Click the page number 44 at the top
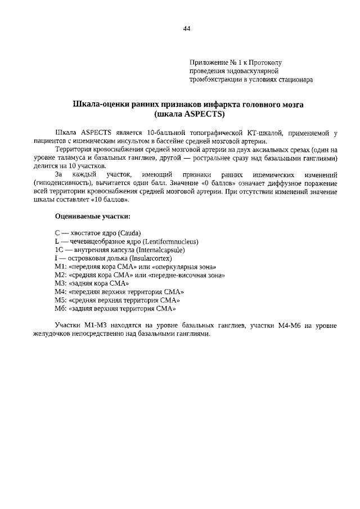(x=187, y=29)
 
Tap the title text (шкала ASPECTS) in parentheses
(x=188, y=114)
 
